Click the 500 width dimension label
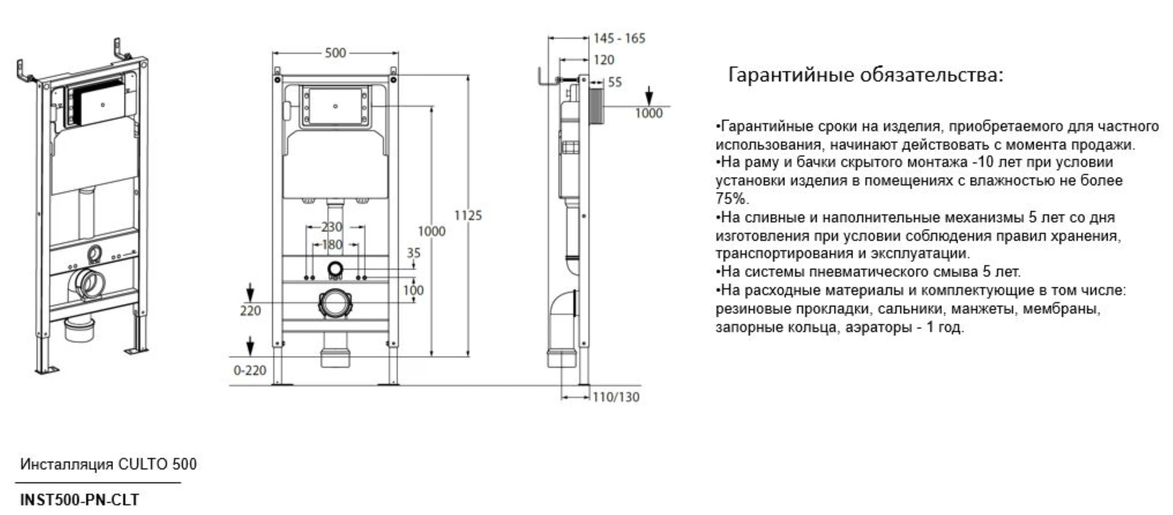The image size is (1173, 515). point(335,53)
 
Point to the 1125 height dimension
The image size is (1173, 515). point(468,215)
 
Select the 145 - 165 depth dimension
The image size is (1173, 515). point(619,39)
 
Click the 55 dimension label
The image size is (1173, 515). point(615,82)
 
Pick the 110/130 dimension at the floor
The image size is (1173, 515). point(616,397)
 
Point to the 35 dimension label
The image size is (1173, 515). point(413,253)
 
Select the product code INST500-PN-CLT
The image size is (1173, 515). point(79,500)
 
